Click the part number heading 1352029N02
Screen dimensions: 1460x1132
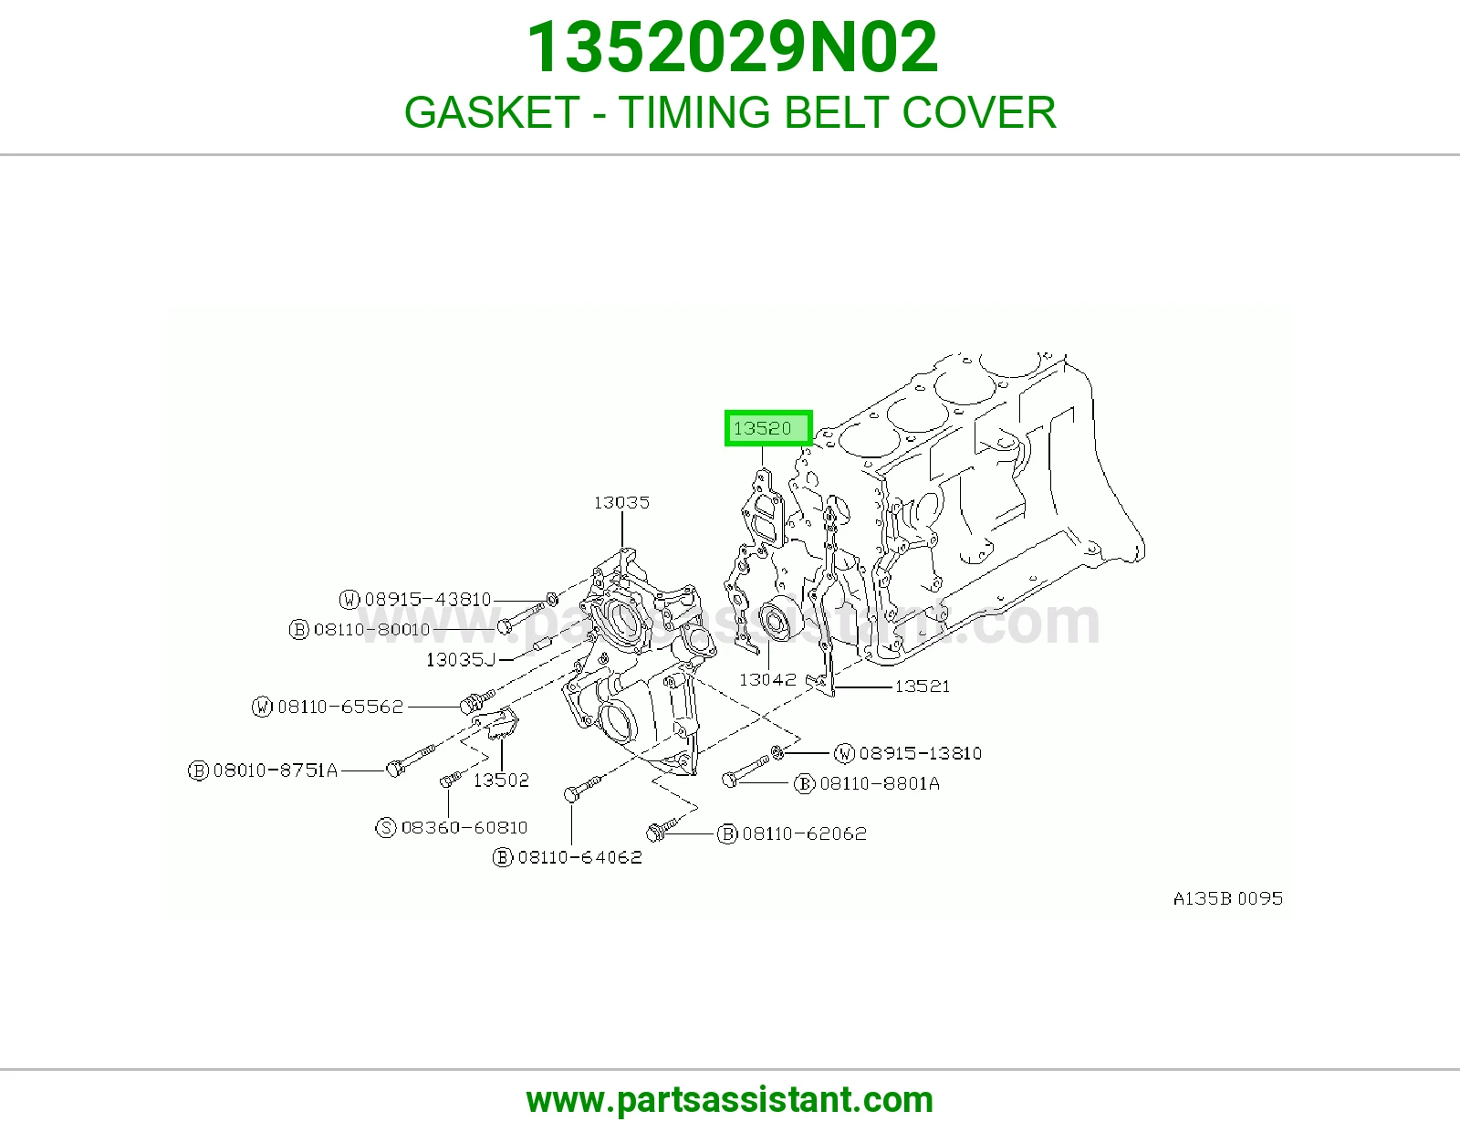point(732,47)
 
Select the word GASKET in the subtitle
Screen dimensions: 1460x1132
point(492,112)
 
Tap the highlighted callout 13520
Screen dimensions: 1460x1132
point(768,428)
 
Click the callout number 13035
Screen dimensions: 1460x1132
point(621,503)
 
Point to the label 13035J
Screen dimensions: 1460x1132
point(460,659)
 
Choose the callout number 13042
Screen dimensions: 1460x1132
point(767,679)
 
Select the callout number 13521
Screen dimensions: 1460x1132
point(922,687)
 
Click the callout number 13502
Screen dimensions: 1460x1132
point(501,780)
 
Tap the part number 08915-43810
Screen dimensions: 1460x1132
point(428,599)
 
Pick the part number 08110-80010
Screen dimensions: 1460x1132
point(371,629)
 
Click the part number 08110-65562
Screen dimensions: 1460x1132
point(340,707)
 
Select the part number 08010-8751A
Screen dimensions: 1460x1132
point(276,770)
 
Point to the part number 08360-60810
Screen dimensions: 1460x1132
point(464,827)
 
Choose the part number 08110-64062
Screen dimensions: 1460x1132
point(579,857)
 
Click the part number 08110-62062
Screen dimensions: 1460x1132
point(804,833)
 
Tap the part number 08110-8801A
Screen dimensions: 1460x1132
point(880,784)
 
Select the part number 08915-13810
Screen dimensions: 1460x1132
point(921,753)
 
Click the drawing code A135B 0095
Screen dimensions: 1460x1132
point(1228,898)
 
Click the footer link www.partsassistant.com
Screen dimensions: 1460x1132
point(730,1100)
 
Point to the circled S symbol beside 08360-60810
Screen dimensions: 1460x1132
point(386,827)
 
